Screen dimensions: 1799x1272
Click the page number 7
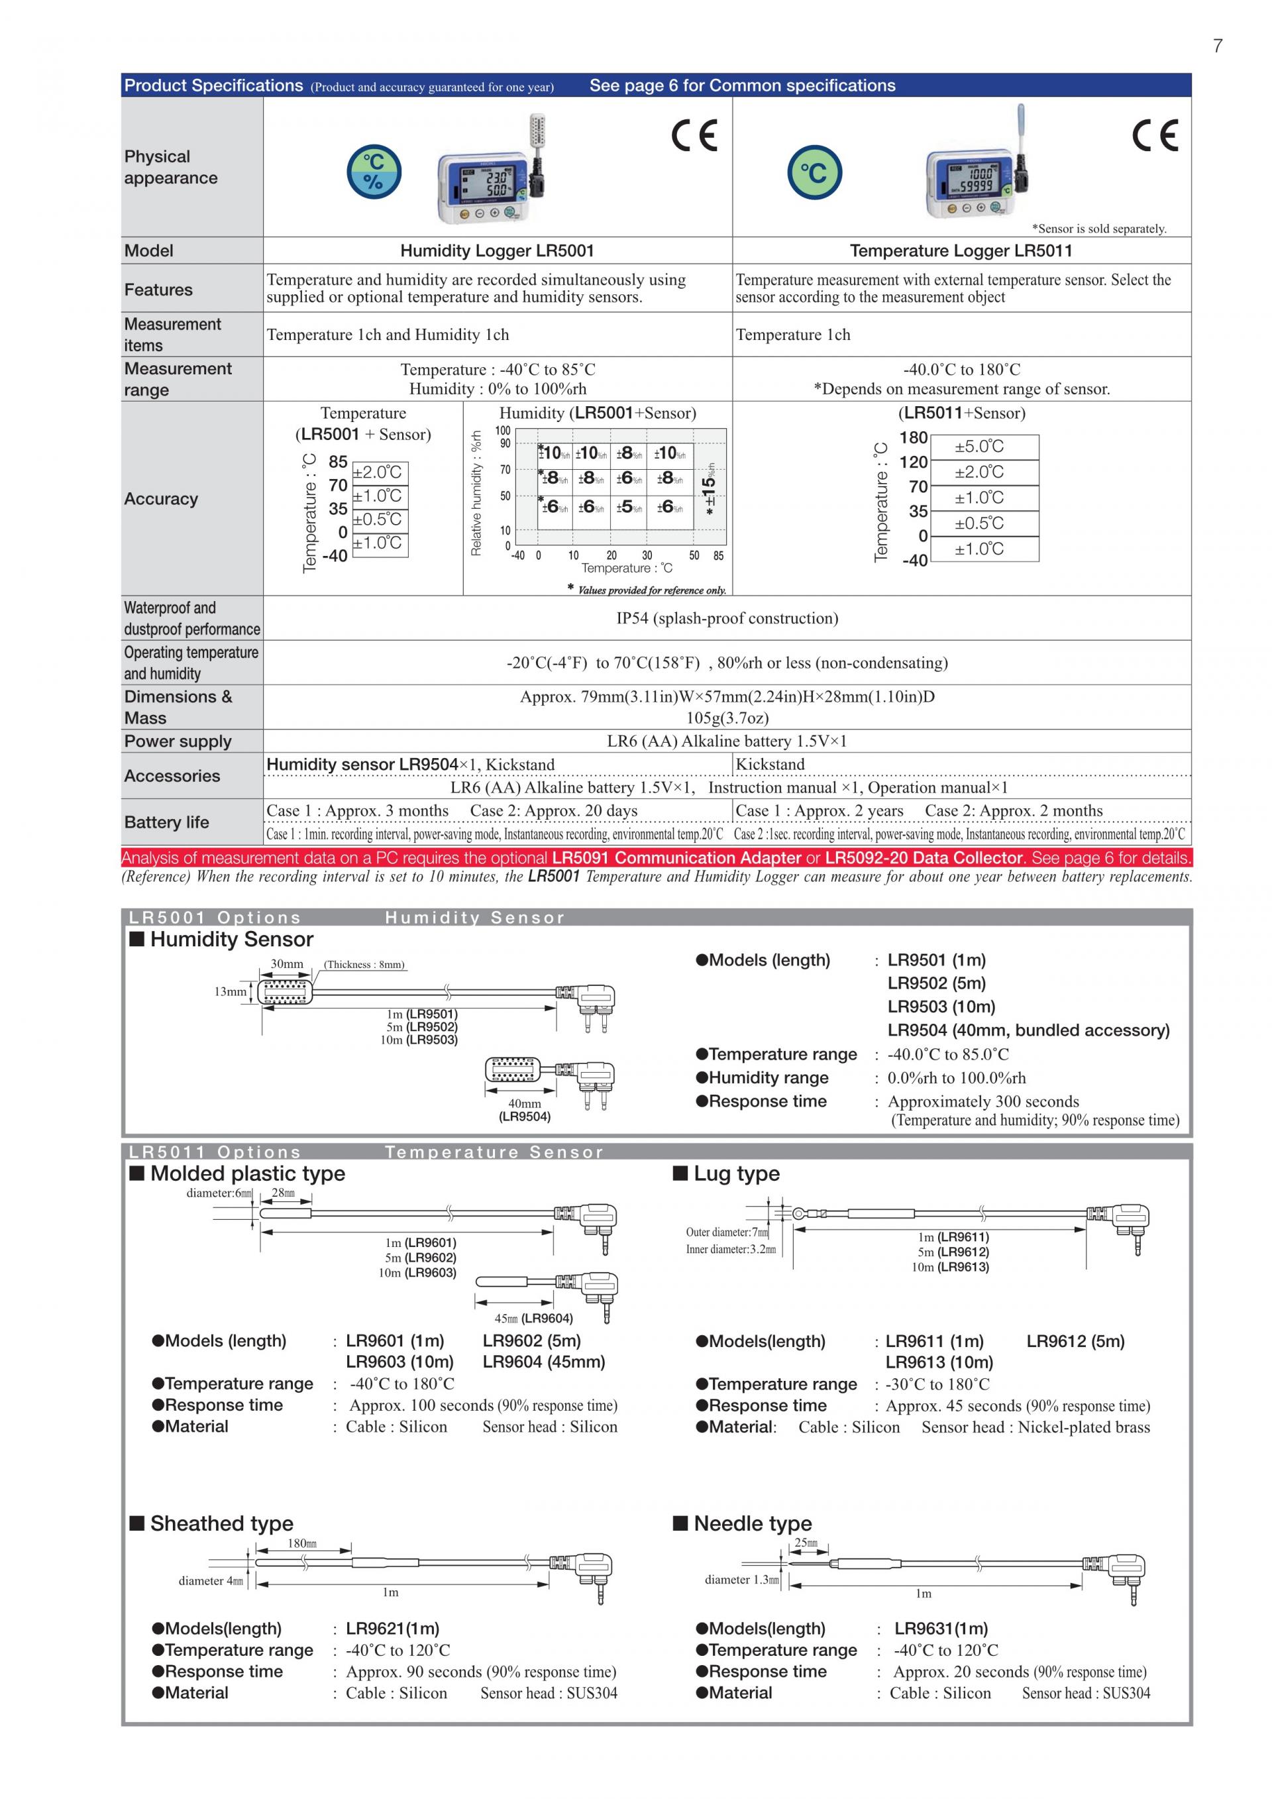(x=1217, y=46)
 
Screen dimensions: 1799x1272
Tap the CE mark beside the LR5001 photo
(x=694, y=136)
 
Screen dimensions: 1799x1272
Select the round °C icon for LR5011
(x=815, y=172)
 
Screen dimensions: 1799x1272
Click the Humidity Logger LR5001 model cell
(x=497, y=250)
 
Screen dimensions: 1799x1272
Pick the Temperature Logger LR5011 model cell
(x=961, y=250)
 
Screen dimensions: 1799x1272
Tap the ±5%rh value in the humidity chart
(x=628, y=507)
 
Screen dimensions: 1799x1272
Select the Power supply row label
(x=178, y=741)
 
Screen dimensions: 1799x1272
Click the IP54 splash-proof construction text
(x=727, y=618)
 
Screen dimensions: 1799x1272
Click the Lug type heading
(x=736, y=1173)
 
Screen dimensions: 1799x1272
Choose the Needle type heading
(x=752, y=1524)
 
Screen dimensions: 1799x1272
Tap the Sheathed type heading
(x=222, y=1524)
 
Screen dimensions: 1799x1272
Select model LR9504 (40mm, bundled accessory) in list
(x=1028, y=1030)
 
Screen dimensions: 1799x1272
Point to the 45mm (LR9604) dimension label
(x=533, y=1319)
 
